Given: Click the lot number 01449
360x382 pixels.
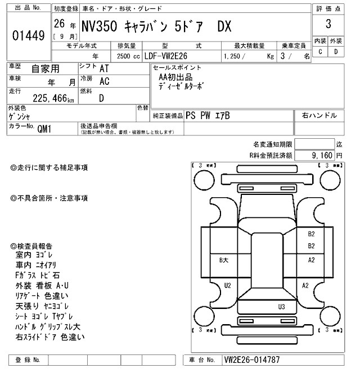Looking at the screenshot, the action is click(x=28, y=36).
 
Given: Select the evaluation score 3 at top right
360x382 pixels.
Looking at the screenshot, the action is click(x=327, y=25).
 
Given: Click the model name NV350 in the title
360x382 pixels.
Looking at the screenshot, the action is click(x=109, y=26).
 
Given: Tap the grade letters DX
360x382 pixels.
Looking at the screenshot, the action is click(x=228, y=26).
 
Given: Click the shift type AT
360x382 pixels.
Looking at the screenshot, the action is click(x=104, y=68).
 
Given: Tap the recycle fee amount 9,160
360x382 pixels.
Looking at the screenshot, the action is click(x=324, y=154).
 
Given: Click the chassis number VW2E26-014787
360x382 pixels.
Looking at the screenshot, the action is click(x=251, y=360).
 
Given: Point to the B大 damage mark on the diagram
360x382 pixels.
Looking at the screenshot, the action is click(x=223, y=260).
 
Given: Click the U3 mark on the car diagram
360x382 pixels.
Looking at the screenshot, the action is click(x=282, y=307).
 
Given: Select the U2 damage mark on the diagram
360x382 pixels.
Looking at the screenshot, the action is click(x=227, y=285).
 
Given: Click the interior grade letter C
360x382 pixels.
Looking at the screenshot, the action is click(x=320, y=52).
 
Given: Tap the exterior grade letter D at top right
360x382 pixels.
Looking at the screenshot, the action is click(x=336, y=52).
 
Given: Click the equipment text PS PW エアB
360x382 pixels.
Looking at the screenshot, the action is click(x=208, y=115).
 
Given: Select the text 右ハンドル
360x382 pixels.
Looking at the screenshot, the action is click(x=319, y=115).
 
